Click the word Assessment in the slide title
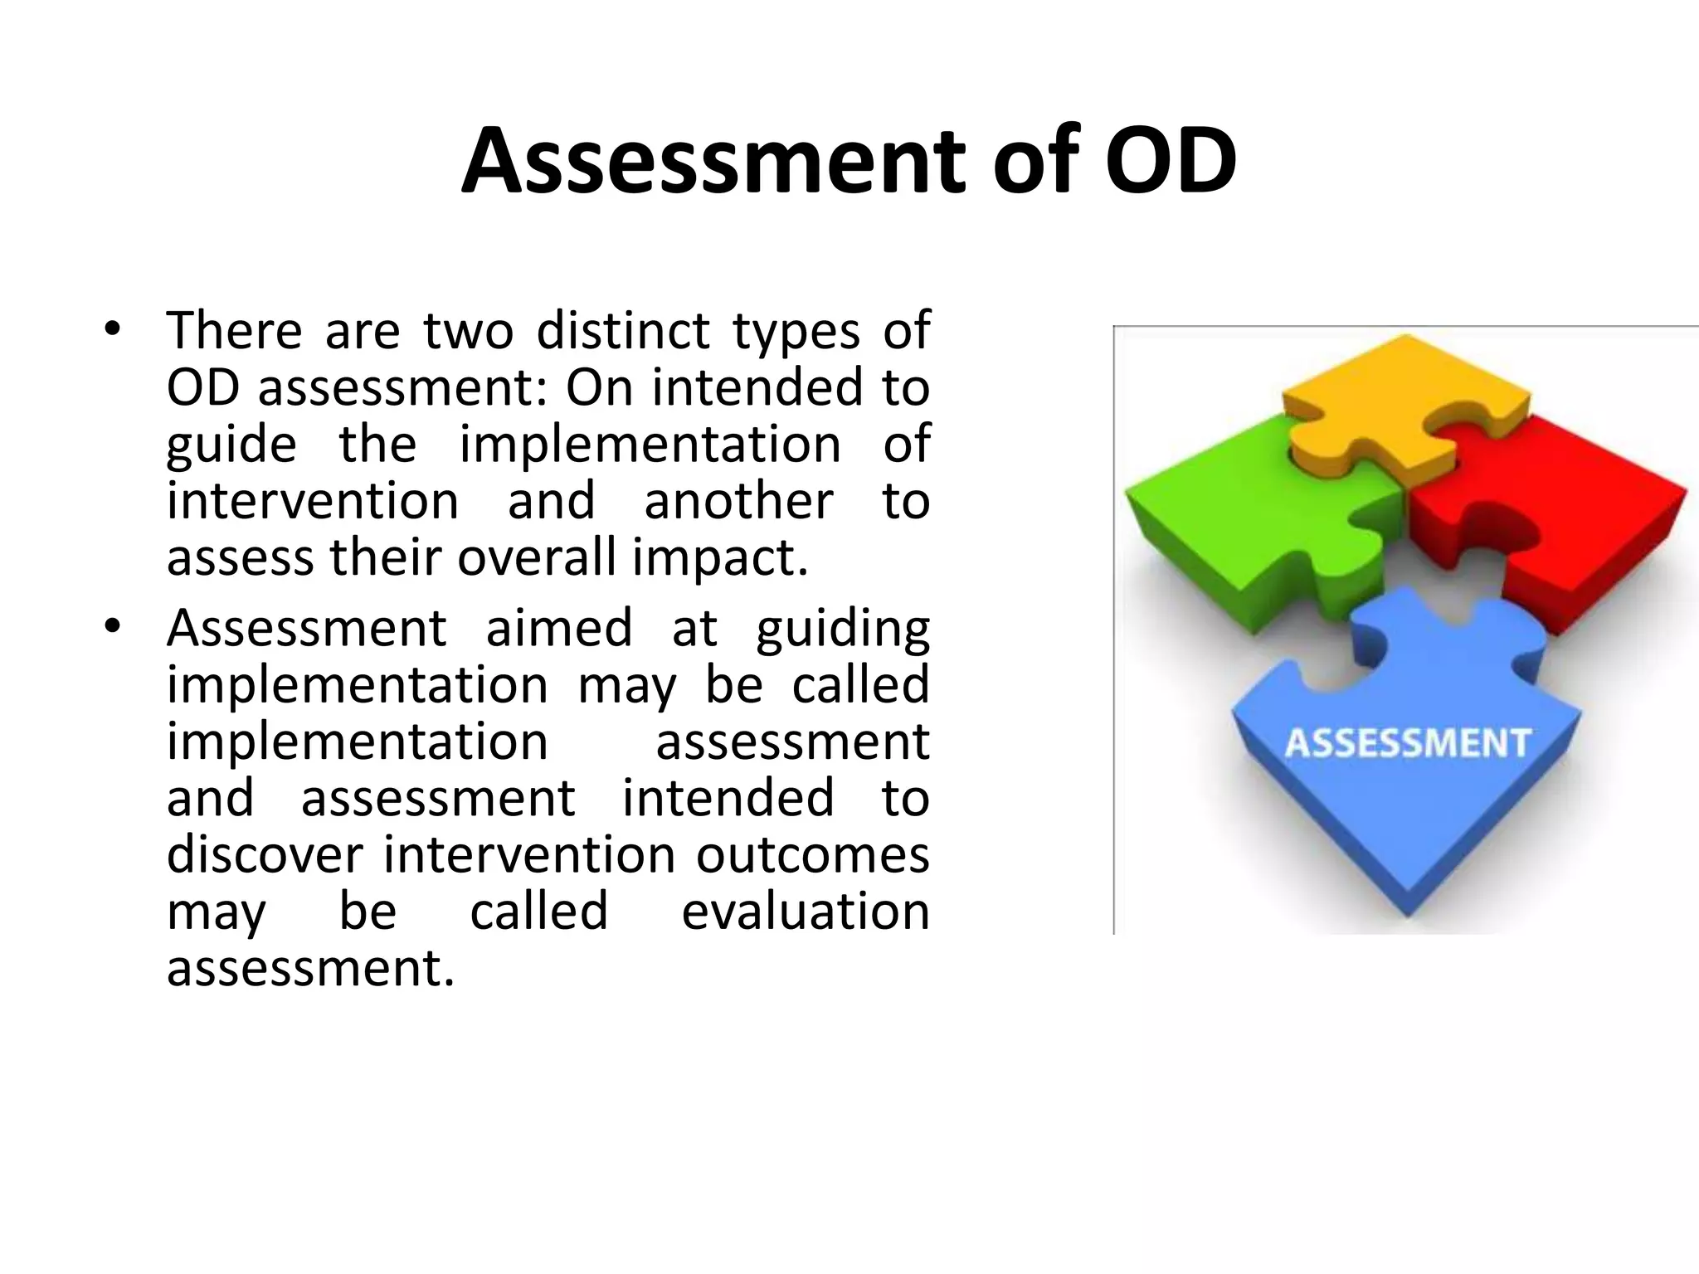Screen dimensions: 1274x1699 coord(713,161)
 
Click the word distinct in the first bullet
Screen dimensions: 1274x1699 coord(622,330)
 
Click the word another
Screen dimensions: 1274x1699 coord(738,501)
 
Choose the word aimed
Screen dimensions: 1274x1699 coord(559,628)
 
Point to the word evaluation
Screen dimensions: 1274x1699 coord(805,911)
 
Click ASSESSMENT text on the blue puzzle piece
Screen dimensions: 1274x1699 coord(1407,743)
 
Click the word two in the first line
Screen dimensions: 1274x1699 coord(468,330)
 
